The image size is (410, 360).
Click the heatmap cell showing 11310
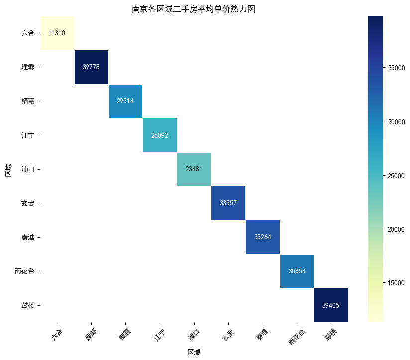(57, 33)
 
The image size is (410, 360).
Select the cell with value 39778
(91, 67)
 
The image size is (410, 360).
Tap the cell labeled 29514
(125, 101)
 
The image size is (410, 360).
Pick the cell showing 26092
(160, 135)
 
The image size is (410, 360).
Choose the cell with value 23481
(194, 169)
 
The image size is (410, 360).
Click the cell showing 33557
(228, 203)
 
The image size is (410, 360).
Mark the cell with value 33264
(262, 237)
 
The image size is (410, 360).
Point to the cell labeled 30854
(297, 271)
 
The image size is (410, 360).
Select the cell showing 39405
(331, 305)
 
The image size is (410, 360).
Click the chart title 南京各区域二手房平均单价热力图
(194, 9)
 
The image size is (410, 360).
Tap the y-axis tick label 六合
(28, 33)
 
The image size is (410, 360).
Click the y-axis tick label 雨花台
(25, 271)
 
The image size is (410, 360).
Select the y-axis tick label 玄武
(28, 203)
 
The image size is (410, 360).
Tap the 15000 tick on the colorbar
(394, 283)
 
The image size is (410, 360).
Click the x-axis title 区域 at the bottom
(194, 352)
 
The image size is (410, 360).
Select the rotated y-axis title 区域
(8, 169)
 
